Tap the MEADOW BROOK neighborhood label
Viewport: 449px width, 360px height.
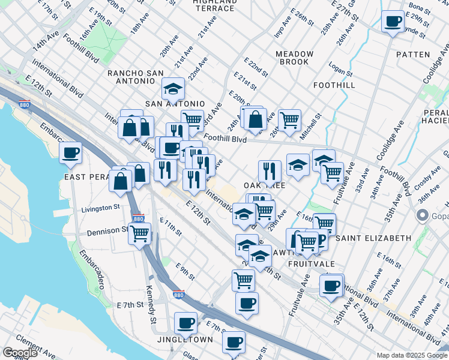tap(295, 58)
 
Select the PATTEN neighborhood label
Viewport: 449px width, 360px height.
tap(413, 55)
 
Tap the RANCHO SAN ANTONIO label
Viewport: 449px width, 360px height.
tap(136, 77)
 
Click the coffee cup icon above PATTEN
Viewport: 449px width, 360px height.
tap(393, 22)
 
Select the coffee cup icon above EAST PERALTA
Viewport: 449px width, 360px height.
tap(71, 152)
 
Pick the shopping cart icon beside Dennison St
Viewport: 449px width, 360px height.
tap(139, 233)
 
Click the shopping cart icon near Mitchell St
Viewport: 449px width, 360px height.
tap(289, 120)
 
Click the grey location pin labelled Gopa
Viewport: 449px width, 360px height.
tap(422, 215)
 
